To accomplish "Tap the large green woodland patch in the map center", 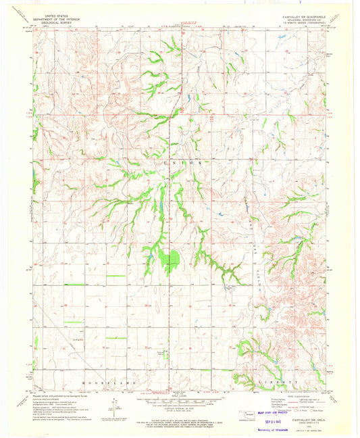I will click(x=170, y=258).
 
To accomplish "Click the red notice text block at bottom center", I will click(x=180, y=417).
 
